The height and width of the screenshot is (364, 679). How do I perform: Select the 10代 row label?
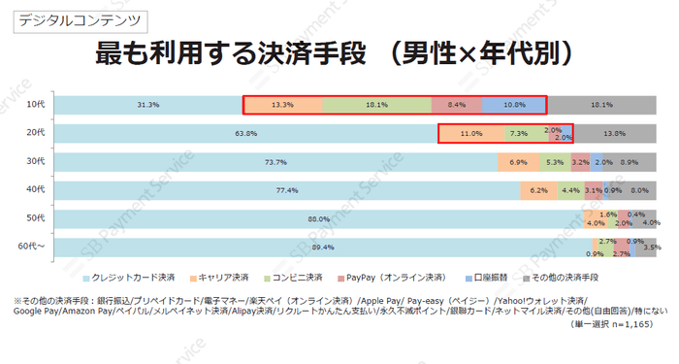pos(36,104)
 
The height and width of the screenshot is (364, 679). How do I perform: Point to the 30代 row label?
pos(36,161)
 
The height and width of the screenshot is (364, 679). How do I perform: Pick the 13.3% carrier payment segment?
pos(282,104)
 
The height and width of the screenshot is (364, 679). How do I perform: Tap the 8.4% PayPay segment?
pos(457,104)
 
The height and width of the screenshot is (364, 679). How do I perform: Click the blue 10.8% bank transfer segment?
pos(514,104)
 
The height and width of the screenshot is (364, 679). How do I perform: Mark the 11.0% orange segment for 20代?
pos(471,133)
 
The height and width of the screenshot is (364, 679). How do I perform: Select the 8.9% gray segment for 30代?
pos(630,161)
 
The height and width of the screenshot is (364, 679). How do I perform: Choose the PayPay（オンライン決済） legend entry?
pos(399,277)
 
